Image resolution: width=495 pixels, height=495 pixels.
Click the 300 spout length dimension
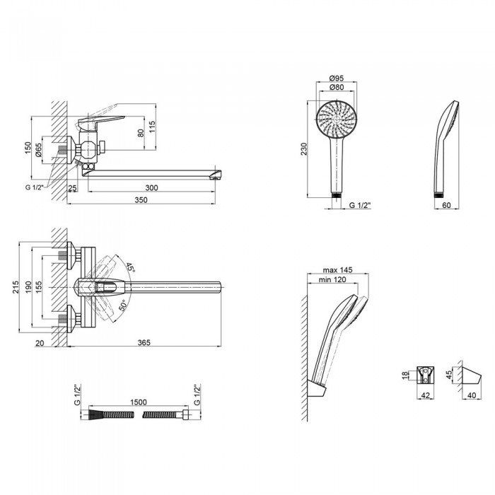151,187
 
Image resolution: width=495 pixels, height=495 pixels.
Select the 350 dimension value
141,200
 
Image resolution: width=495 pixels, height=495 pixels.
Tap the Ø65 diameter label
38,150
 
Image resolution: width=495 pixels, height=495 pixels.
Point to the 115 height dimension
152,127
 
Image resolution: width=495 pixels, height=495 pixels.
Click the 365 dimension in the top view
144,342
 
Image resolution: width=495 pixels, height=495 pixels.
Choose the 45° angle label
130,267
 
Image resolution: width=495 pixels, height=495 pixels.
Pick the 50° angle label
123,305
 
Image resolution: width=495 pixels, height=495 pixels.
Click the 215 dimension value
16,286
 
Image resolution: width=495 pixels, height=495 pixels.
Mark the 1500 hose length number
139,402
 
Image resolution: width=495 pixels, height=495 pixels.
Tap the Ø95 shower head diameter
336,78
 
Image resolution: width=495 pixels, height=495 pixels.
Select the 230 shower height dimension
303,149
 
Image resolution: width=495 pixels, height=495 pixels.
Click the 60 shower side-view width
446,205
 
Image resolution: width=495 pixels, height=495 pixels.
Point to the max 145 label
337,270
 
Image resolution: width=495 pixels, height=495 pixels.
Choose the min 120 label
332,279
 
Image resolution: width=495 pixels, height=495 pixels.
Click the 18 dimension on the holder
405,375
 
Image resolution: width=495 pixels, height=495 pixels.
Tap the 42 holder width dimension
426,395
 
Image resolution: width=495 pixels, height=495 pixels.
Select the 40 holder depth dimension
472,395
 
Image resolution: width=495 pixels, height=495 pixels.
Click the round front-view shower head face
337,120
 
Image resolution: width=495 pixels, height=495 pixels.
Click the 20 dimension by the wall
40,343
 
